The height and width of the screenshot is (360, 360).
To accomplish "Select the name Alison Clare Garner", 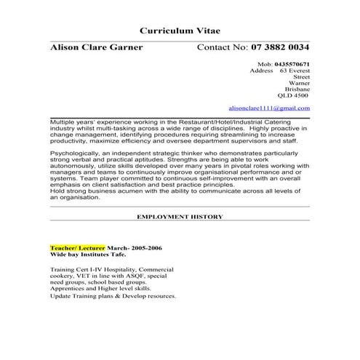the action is tap(96, 48).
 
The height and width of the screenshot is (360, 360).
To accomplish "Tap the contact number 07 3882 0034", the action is tap(281, 48).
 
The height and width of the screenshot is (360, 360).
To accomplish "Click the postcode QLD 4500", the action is tap(293, 95).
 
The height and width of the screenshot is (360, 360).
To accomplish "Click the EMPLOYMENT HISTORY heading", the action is tap(180, 217).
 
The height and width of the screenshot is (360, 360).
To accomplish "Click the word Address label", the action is tap(261, 71).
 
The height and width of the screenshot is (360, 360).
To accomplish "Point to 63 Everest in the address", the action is tap(295, 71).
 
